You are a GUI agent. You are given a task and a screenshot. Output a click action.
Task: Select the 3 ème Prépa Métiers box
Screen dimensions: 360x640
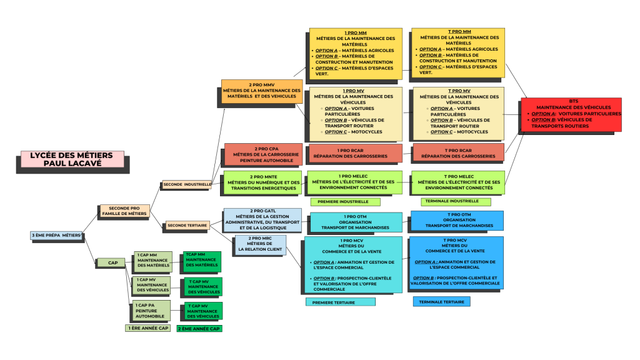click(x=56, y=236)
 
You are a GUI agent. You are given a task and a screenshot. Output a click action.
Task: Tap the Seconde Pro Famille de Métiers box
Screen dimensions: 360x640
click(x=124, y=211)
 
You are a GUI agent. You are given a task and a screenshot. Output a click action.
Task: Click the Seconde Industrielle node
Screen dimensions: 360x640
click(x=186, y=184)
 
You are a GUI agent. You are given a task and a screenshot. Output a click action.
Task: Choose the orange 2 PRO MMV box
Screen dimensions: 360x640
click(x=261, y=91)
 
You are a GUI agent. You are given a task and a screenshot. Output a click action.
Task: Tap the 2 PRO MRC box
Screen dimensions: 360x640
click(x=260, y=244)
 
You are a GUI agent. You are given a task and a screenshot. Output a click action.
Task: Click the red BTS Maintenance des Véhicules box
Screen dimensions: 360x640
click(x=571, y=114)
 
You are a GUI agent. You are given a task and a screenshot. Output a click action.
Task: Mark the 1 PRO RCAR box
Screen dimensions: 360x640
click(x=355, y=153)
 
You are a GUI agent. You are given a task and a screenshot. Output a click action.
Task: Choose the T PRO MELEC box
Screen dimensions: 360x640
click(x=458, y=182)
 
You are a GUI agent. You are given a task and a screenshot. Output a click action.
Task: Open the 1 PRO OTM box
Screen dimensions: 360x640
click(x=355, y=222)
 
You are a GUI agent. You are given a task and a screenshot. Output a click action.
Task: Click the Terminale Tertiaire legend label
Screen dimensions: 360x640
click(x=441, y=302)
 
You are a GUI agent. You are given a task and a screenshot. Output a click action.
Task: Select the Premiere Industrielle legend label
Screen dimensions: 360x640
click(x=345, y=202)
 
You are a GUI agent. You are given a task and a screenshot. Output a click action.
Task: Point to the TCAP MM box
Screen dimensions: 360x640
click(x=201, y=260)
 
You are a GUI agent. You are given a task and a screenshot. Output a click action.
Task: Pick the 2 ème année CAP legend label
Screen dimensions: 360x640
click(x=199, y=328)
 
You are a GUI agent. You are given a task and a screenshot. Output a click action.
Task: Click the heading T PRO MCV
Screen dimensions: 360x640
click(x=455, y=241)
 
